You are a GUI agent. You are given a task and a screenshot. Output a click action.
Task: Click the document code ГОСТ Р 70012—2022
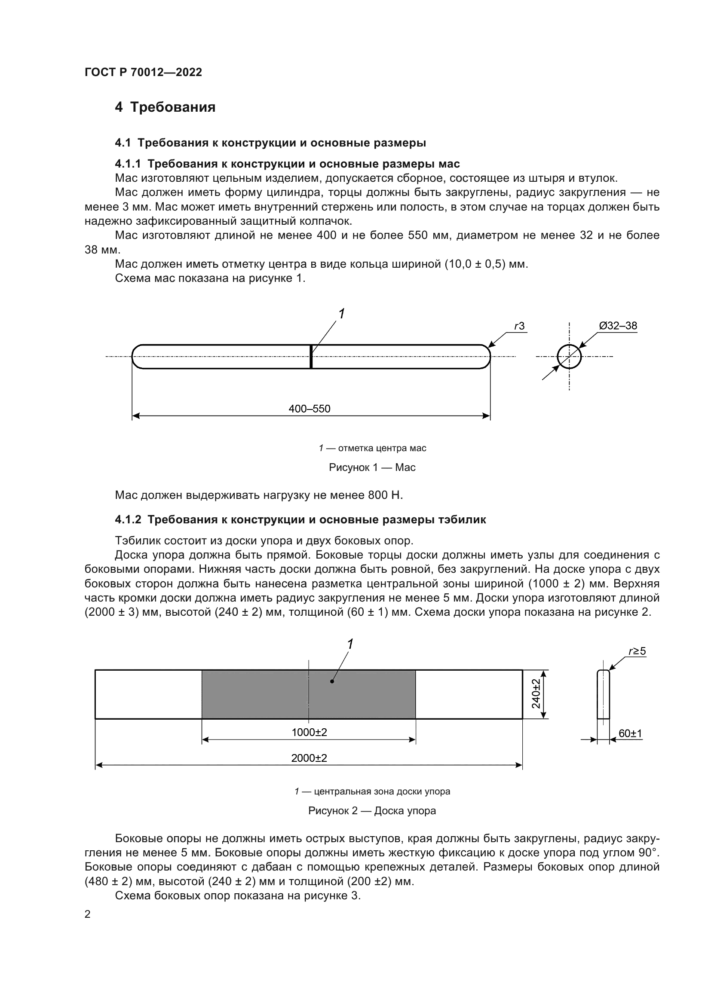point(143,72)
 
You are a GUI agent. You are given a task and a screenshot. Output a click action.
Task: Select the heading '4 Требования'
point(165,107)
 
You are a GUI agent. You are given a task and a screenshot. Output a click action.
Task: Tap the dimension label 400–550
point(310,409)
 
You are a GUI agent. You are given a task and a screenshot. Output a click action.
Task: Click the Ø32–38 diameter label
point(618,326)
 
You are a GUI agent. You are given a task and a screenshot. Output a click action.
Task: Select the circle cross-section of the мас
point(569,356)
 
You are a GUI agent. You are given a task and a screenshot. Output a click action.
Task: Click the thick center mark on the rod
point(311,356)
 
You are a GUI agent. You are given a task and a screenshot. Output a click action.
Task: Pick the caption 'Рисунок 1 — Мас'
point(372,467)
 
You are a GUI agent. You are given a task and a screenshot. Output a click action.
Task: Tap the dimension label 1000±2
point(309,732)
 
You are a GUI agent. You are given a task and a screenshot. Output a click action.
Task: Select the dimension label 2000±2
point(309,758)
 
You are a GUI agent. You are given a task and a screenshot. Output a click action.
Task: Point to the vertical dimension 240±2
point(536,694)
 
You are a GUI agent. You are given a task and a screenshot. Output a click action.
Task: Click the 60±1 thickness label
point(630,733)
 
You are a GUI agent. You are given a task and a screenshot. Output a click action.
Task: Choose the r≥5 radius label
point(637,651)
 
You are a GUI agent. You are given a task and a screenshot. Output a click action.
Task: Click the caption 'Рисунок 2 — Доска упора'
point(372,811)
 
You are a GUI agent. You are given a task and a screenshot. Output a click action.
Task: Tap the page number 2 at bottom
point(88,914)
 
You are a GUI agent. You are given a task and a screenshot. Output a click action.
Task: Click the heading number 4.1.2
point(128,519)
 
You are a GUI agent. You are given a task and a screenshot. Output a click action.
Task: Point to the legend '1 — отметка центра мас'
point(372,448)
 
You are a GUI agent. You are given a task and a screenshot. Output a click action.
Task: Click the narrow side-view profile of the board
point(603,694)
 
